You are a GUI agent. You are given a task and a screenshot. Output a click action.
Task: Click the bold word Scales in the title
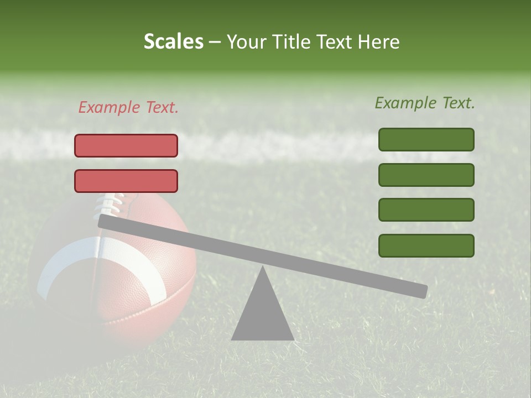tap(173, 41)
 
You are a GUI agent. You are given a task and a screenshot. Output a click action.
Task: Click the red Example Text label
tap(128, 108)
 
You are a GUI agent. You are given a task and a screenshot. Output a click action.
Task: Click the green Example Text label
tap(425, 103)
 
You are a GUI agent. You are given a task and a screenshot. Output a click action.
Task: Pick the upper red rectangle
tap(126, 145)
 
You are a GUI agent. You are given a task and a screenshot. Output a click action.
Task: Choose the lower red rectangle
tap(126, 181)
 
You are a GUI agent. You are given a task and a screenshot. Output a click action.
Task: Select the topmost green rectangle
tap(426, 139)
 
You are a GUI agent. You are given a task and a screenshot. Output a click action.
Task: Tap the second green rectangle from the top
tap(426, 175)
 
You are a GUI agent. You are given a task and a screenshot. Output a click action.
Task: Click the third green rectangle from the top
tap(426, 210)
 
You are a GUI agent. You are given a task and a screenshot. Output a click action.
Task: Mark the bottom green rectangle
tap(426, 245)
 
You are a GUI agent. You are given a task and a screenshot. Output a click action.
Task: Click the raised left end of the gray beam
tap(105, 221)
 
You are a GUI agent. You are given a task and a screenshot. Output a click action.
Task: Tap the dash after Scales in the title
tap(215, 41)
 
